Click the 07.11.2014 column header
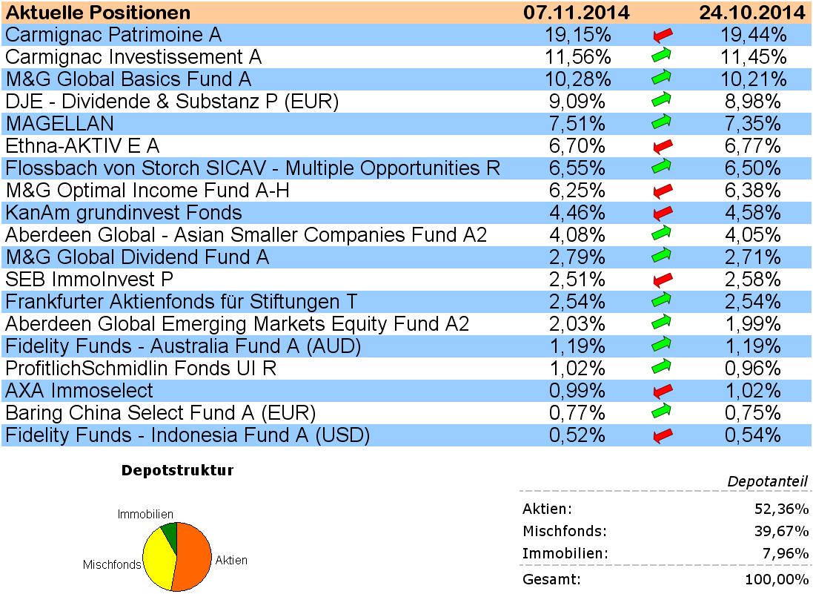point(576,13)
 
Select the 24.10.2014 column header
point(752,13)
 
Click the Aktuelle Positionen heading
point(98,13)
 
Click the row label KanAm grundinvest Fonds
point(124,213)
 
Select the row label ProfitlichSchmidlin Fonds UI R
point(141,369)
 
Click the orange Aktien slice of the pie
point(195,556)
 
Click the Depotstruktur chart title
point(177,471)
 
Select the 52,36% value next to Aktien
point(783,509)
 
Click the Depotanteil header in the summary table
point(767,482)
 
